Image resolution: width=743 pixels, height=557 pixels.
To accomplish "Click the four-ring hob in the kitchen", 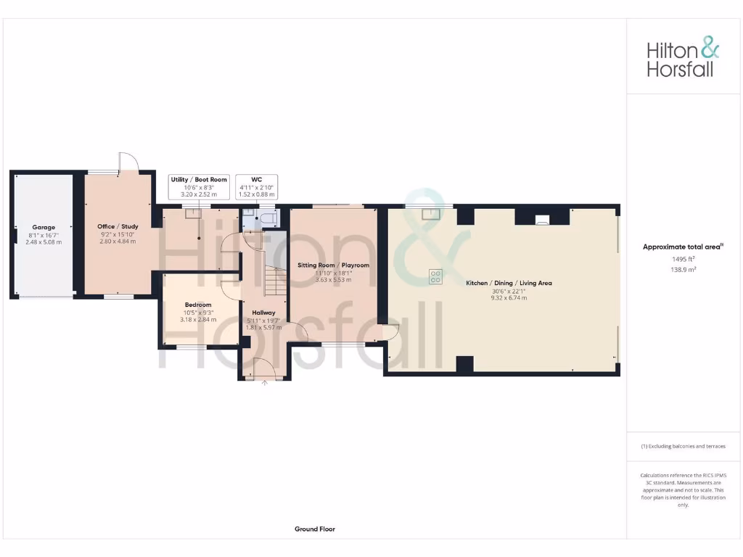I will (x=436, y=276).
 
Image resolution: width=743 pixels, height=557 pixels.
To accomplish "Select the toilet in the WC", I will (x=266, y=218).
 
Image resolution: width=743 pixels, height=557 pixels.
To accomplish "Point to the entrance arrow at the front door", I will (x=264, y=382).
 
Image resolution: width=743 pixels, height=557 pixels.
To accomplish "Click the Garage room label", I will (x=44, y=227).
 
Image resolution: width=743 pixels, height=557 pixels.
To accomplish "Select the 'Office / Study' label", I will (x=118, y=226).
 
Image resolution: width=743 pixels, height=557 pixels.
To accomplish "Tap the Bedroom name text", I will (x=198, y=305).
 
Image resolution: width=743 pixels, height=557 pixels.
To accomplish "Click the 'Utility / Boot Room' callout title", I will (x=198, y=179).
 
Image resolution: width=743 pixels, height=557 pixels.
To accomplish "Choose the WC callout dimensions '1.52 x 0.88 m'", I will (x=257, y=194).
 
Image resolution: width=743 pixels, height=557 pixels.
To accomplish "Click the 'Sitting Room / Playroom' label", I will (x=334, y=265).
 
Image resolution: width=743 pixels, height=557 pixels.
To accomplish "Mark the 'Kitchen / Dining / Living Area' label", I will (x=509, y=283).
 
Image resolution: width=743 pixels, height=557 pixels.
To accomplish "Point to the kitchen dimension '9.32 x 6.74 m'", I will (x=509, y=297).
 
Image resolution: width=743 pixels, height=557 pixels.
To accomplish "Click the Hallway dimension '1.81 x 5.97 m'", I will (x=263, y=327).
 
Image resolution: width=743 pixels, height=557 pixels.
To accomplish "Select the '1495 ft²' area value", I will (x=683, y=258).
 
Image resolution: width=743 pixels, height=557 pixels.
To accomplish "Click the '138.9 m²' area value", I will (x=683, y=268).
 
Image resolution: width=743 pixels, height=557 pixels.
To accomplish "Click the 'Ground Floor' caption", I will (x=315, y=529).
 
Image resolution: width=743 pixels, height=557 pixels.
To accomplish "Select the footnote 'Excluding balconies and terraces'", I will (x=683, y=446).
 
